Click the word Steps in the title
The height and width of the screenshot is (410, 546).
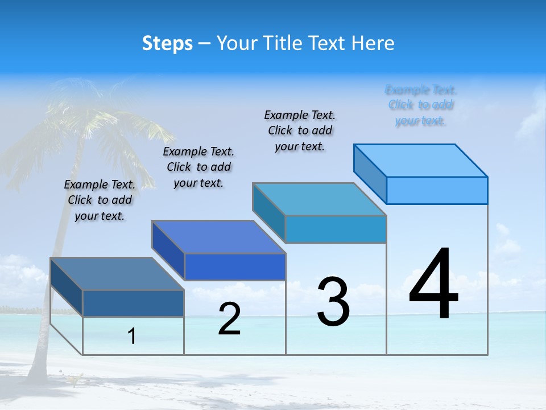(x=167, y=43)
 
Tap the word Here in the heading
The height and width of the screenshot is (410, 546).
(x=372, y=43)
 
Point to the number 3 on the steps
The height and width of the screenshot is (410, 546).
(x=333, y=302)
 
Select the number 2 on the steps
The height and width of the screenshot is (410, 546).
(x=229, y=319)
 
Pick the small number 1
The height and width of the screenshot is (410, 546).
(x=132, y=337)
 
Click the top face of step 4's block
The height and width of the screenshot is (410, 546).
(x=421, y=160)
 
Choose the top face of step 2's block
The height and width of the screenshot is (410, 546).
(x=218, y=237)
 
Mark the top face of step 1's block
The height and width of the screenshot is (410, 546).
(x=117, y=274)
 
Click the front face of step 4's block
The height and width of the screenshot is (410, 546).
(x=437, y=190)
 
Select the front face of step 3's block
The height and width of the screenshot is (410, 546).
(x=336, y=229)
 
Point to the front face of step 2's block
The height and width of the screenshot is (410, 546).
(x=235, y=266)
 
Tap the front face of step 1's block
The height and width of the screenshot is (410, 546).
(x=133, y=304)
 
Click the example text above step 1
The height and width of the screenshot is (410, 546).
(x=100, y=200)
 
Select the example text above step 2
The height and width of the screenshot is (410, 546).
(x=198, y=167)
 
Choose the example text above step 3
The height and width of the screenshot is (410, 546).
(x=300, y=130)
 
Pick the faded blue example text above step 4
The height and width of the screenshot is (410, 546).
(x=421, y=105)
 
